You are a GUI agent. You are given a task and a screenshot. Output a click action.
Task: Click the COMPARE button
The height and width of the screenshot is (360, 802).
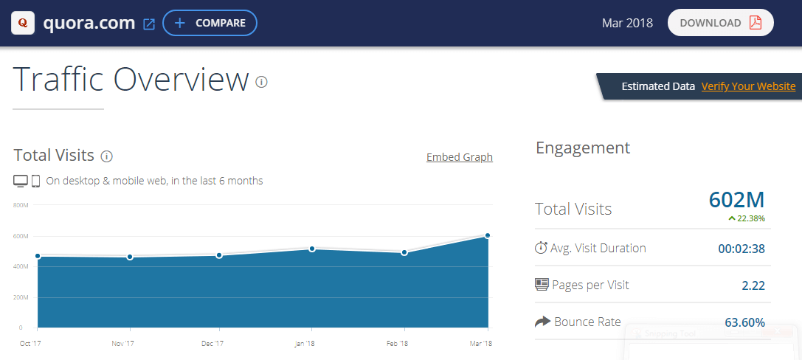click(x=210, y=23)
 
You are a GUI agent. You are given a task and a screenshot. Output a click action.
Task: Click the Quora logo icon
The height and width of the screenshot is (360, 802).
click(x=24, y=23)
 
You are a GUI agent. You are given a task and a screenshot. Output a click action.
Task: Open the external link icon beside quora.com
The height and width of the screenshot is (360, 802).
click(x=149, y=24)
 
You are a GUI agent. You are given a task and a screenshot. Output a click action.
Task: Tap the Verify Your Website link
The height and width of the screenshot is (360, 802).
click(x=748, y=86)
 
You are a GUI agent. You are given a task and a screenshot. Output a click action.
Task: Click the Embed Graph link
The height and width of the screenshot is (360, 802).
click(x=459, y=157)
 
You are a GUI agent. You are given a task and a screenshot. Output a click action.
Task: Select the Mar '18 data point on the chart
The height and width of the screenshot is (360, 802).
click(x=488, y=235)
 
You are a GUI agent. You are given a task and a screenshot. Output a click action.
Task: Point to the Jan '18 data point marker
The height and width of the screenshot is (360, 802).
click(x=312, y=249)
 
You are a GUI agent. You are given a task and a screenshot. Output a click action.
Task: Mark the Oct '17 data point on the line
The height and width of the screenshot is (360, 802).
click(x=38, y=256)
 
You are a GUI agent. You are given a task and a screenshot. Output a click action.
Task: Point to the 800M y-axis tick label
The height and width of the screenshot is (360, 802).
click(x=21, y=205)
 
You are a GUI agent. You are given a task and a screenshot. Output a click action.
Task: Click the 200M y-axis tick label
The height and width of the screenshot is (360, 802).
click(x=21, y=297)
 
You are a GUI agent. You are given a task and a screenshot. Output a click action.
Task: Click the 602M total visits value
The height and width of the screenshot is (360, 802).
click(x=736, y=200)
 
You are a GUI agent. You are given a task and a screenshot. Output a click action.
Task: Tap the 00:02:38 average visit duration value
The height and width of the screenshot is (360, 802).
click(x=741, y=249)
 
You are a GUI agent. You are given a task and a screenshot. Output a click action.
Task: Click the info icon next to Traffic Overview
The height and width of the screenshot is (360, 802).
click(x=261, y=81)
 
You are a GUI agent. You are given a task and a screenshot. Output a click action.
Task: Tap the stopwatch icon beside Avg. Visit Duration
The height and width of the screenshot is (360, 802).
click(x=541, y=248)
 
